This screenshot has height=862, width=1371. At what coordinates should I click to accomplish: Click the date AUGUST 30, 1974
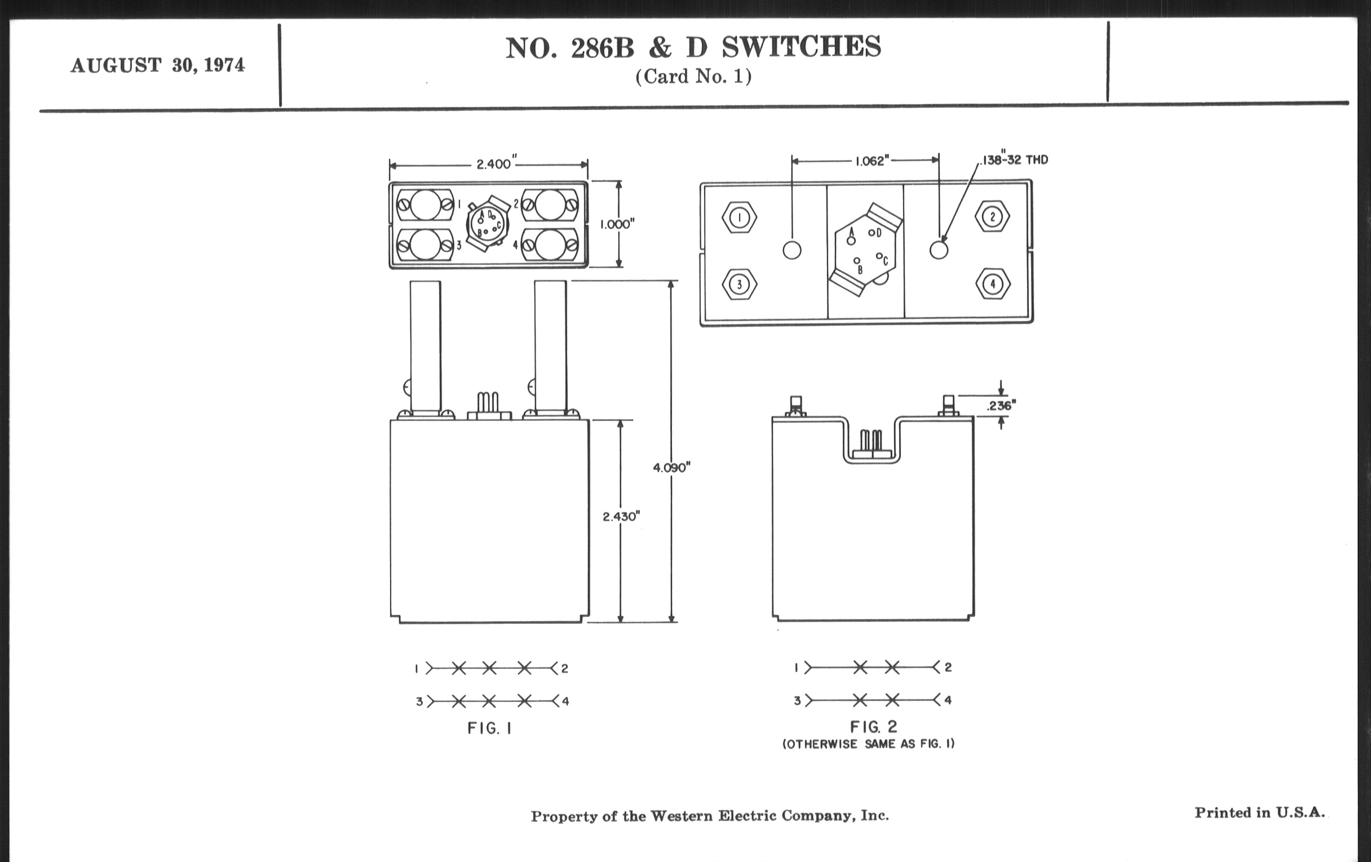pos(158,65)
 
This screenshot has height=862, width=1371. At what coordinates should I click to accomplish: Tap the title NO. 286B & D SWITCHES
pos(693,48)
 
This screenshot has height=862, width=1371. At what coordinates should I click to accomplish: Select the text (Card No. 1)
pos(693,77)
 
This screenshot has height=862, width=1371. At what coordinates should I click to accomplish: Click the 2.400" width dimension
pos(494,165)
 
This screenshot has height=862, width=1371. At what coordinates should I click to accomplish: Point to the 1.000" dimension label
pos(617,224)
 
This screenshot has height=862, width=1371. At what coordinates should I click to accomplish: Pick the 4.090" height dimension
pos(671,468)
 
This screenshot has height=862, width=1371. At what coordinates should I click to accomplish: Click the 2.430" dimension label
pos(621,517)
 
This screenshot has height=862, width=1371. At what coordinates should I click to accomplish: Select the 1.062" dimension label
pos(872,161)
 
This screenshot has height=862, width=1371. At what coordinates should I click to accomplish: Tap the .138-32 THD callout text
pos(1015,160)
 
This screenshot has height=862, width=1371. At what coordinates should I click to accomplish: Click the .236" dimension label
pos(1001,406)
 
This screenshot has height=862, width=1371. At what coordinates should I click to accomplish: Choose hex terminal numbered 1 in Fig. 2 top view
pos(739,217)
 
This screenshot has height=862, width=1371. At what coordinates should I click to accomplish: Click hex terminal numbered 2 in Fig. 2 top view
pos(992,217)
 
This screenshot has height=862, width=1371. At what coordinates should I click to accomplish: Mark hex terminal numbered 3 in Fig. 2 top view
pos(739,284)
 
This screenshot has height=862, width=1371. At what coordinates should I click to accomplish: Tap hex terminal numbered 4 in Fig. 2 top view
pos(993,284)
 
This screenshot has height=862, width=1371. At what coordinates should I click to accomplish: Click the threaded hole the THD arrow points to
pos(939,250)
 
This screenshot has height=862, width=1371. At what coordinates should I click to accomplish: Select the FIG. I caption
pos(489,728)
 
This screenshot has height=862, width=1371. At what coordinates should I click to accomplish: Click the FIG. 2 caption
pos(873,727)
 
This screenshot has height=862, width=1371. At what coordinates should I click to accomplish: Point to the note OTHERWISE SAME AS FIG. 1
pos(868,744)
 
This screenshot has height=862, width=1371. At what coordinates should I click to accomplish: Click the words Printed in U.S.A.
pos(1259,812)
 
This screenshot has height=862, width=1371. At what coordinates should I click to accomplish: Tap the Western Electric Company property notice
pos(709,816)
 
